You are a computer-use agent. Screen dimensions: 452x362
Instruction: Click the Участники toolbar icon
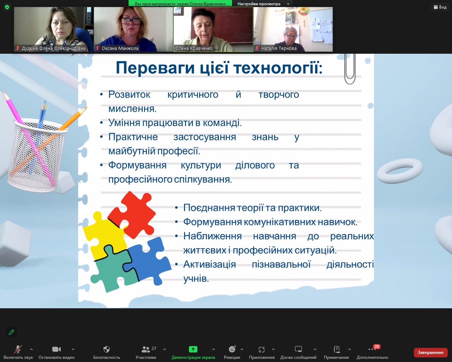pos(145,349)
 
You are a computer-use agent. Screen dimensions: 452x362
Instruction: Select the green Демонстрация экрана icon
pos(193,349)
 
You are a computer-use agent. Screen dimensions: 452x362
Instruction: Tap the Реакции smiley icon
pos(232,349)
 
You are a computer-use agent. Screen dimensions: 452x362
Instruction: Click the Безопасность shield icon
pos(107,349)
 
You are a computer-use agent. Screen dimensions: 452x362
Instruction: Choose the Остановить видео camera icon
pos(56,349)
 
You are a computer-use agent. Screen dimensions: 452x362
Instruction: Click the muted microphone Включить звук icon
pos(18,349)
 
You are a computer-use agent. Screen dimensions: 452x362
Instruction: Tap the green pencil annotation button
pos(11,332)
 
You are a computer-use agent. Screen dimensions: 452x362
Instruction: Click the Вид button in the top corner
pos(440,7)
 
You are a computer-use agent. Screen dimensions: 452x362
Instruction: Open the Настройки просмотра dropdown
pos(263,4)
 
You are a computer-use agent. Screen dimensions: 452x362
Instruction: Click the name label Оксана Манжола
pos(120,48)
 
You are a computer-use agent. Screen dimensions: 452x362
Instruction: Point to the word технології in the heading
pos(278,68)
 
